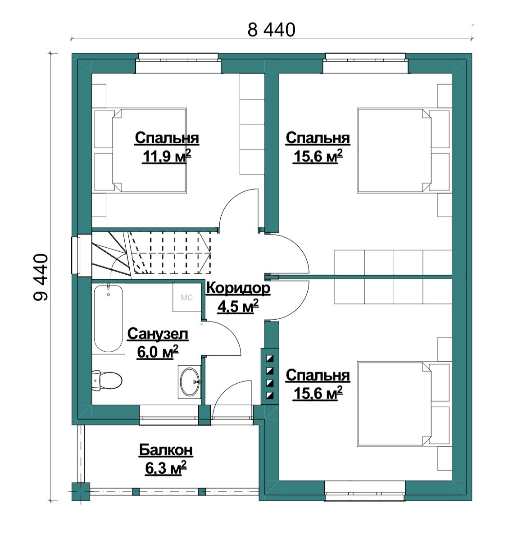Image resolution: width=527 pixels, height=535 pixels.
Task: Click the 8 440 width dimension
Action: [271, 30]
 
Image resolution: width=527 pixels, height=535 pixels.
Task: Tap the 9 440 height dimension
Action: [41, 277]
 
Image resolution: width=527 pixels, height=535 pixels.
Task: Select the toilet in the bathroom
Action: [107, 380]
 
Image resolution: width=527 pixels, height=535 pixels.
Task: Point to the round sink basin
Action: [190, 382]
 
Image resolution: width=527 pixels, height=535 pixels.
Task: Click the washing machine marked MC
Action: [186, 297]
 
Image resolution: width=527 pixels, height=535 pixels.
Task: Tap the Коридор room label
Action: [238, 288]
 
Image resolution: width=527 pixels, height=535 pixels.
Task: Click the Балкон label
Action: [166, 450]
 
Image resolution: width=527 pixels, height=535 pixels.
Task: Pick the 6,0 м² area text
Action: [158, 352]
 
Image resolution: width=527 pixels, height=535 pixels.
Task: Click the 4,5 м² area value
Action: [238, 306]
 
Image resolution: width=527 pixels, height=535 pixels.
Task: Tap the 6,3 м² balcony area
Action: [166, 468]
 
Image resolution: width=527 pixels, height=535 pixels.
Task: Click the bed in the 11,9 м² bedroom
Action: [150, 150]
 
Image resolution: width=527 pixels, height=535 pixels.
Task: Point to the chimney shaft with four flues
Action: [270, 376]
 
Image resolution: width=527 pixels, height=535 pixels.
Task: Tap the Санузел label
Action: [158, 334]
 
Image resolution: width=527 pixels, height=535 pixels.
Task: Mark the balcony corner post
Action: [81, 491]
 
